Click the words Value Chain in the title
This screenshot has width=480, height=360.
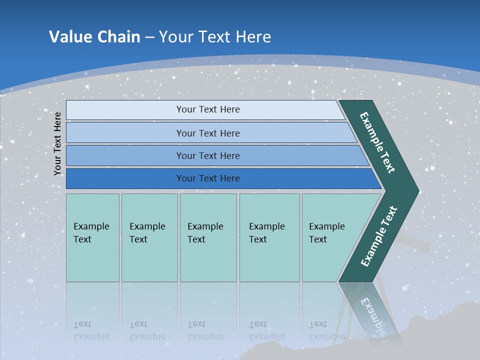pos(94,37)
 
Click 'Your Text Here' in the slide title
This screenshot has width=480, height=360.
pos(215,37)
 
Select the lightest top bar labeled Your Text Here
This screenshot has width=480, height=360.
pos(208,109)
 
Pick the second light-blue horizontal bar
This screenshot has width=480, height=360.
pos(208,133)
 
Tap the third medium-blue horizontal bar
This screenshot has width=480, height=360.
pos(208,155)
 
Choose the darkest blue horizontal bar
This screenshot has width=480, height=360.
pos(208,178)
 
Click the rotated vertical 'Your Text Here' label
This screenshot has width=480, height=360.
pos(57,143)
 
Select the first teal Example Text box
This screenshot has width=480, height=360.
pos(92,237)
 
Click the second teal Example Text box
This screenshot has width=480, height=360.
pos(149,237)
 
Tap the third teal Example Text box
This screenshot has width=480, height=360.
pos(207,237)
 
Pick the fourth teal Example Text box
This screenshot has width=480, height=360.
pos(269,237)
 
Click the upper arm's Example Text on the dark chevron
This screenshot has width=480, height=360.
pos(377,142)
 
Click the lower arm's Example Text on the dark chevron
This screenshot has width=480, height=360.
pos(378,236)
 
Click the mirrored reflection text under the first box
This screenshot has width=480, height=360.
pos(91,330)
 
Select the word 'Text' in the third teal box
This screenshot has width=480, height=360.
pos(196,239)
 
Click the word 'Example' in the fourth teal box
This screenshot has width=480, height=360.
pos(266,226)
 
